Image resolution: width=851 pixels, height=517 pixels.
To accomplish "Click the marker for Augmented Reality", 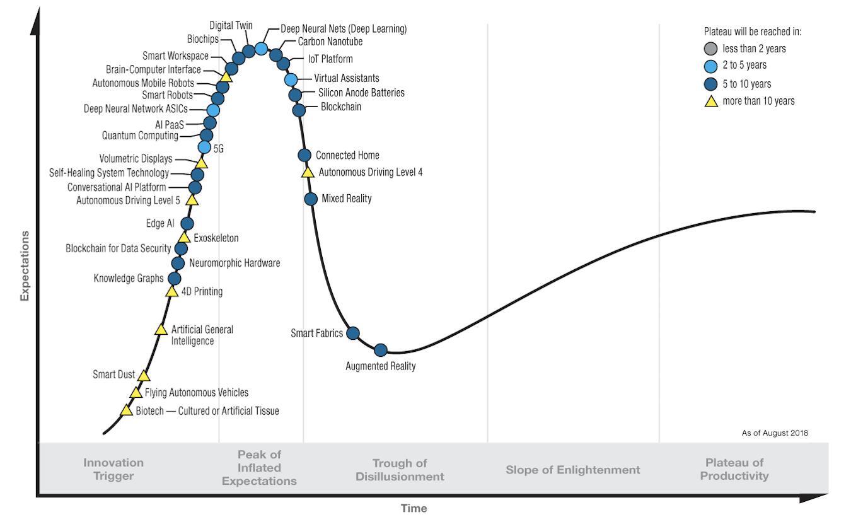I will [380, 350].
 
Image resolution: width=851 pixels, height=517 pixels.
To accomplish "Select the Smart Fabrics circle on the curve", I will [353, 333].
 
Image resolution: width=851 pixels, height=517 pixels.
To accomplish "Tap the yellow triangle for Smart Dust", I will [144, 376].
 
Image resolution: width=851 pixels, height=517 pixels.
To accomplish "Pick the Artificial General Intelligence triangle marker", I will [161, 330].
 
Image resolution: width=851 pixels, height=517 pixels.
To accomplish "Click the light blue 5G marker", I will [204, 148].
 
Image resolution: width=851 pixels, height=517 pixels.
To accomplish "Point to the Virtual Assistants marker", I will [291, 79].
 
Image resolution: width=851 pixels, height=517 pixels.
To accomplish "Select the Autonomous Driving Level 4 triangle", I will [308, 171].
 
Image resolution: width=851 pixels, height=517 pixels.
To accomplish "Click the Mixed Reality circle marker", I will [311, 199].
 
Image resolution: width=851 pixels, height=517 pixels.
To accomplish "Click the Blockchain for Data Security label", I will [119, 248].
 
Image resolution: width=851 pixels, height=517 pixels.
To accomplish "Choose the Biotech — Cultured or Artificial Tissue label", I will [207, 411].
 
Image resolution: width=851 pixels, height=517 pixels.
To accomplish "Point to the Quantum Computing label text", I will [140, 136].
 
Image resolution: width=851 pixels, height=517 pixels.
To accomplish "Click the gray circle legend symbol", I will [711, 49].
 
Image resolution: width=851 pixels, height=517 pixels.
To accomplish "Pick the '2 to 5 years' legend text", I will [744, 66].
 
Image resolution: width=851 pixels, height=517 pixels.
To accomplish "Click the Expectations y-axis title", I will [25, 265].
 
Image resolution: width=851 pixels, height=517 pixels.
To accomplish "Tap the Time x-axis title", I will [414, 508].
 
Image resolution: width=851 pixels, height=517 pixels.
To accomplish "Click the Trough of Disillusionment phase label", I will [400, 470].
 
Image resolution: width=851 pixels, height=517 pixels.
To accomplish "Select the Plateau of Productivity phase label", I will [734, 470].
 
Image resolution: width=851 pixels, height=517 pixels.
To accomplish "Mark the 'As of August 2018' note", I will [775, 433].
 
